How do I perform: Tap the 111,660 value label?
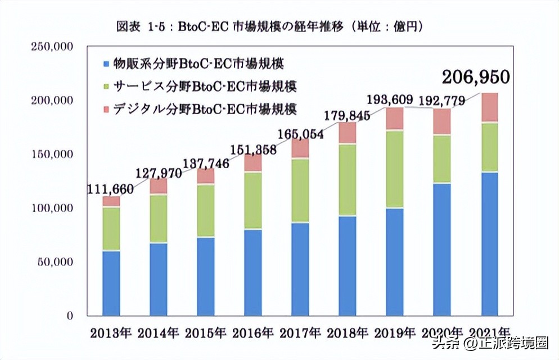(110, 190)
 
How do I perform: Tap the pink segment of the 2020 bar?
(442, 121)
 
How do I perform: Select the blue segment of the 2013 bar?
(111, 282)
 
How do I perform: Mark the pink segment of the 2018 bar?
(348, 132)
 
